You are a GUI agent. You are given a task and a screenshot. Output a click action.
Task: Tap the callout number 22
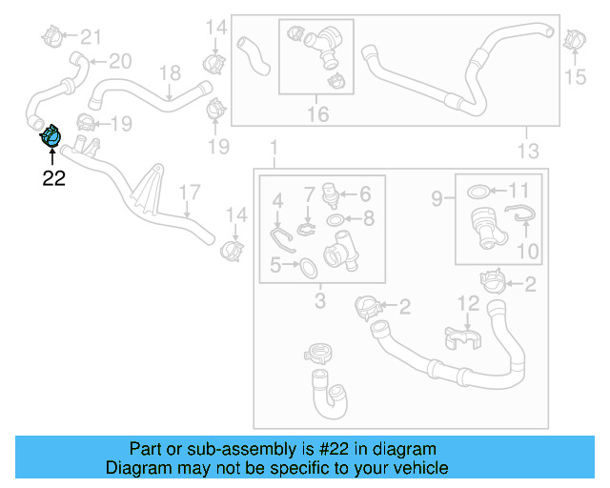[53, 178]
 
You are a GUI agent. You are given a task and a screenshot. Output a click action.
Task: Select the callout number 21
[90, 37]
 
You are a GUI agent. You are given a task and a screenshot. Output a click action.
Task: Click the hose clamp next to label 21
[53, 37]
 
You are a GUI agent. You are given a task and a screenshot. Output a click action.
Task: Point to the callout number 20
[119, 62]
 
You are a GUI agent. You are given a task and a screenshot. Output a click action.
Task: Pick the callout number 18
[169, 73]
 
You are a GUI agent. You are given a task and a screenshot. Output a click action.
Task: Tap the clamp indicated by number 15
[573, 41]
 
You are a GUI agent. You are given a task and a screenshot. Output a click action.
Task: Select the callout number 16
[317, 114]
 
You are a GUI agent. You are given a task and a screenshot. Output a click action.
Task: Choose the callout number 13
[527, 151]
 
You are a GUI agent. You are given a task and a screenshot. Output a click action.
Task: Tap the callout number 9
[437, 199]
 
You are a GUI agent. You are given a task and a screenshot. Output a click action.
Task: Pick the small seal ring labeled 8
[336, 220]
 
